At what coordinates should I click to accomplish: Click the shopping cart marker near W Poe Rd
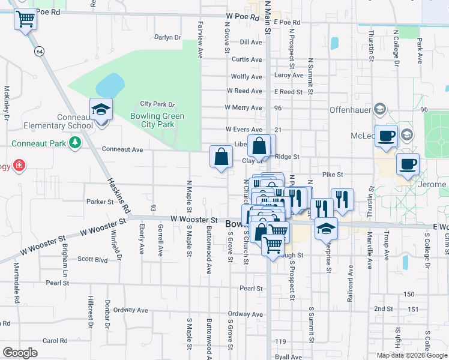pos(25,20)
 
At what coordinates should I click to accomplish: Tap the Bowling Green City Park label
pos(157,120)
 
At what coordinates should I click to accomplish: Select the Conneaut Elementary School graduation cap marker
pos(101,110)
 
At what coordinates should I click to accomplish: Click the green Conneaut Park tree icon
pos(74,143)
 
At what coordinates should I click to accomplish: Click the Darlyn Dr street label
pos(167,37)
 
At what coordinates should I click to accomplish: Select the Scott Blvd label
pos(92,260)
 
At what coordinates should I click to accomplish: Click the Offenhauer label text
pos(350,110)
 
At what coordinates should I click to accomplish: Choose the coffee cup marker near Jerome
pos(408,163)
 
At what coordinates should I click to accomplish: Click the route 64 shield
pos(39,52)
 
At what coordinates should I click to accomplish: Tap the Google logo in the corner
pos(20,353)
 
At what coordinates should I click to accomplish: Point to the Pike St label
pos(332,175)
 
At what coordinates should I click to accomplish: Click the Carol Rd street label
pos(55,341)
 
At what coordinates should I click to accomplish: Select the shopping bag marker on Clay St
pos(221,157)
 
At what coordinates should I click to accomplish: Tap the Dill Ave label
pos(251,42)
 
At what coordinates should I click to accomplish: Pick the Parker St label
pos(100,202)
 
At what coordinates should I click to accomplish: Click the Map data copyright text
pos(412,355)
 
